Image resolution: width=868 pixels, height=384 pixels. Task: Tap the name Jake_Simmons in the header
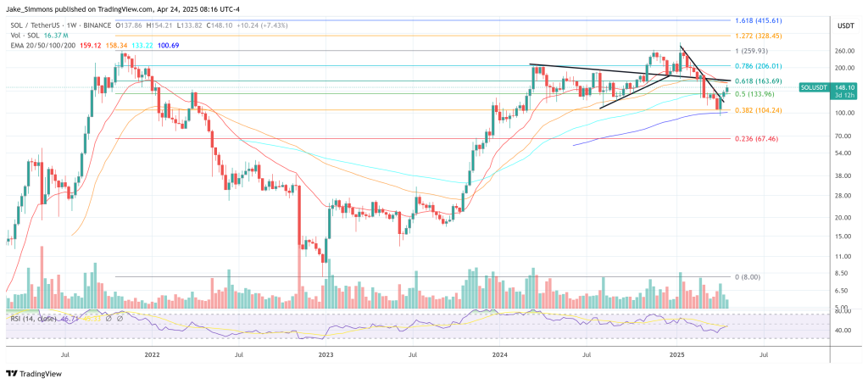[31, 7]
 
